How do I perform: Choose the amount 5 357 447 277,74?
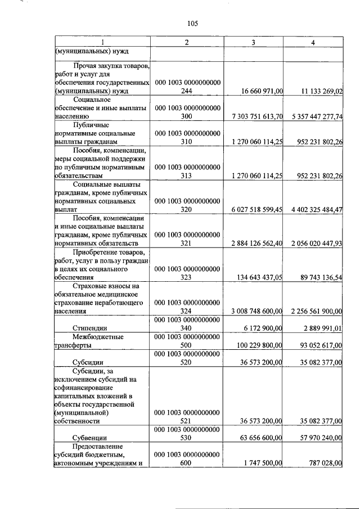point(317,116)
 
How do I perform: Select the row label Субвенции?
point(90,437)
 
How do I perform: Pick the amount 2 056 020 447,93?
point(317,244)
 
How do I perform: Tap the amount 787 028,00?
point(322,463)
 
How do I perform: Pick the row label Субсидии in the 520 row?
point(89,363)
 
